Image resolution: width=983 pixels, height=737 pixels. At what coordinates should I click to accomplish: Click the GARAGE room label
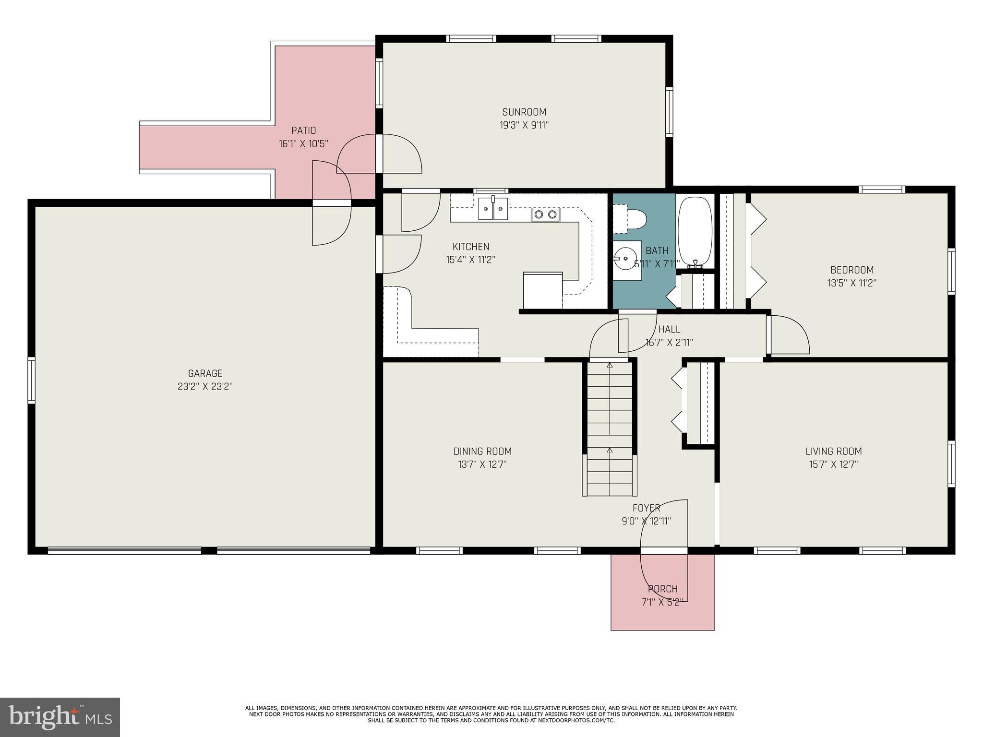[205, 373]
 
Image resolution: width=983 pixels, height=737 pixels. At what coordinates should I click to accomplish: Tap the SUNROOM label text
[524, 112]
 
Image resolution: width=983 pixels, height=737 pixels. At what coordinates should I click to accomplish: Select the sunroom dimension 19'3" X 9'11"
[524, 125]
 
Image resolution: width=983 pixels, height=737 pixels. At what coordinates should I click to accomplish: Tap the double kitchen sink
[493, 209]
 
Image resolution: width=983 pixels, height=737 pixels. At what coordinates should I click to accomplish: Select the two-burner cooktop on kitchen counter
[545, 214]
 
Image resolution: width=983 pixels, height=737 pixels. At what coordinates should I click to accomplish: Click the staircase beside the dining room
[610, 427]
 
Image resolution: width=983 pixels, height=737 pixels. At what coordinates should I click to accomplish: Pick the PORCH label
[662, 589]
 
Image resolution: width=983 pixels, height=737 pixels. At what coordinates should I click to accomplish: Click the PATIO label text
[303, 131]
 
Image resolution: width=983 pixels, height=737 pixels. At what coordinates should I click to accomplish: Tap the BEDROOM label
[852, 270]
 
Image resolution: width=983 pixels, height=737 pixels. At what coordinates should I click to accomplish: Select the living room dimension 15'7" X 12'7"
[833, 464]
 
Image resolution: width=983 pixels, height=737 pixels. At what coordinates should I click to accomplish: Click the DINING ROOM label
[482, 452]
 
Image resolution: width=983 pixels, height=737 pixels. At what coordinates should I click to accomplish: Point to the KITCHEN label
[471, 247]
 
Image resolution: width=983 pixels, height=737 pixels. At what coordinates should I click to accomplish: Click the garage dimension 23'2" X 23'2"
[205, 386]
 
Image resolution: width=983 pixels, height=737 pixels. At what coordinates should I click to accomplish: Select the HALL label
[669, 329]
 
